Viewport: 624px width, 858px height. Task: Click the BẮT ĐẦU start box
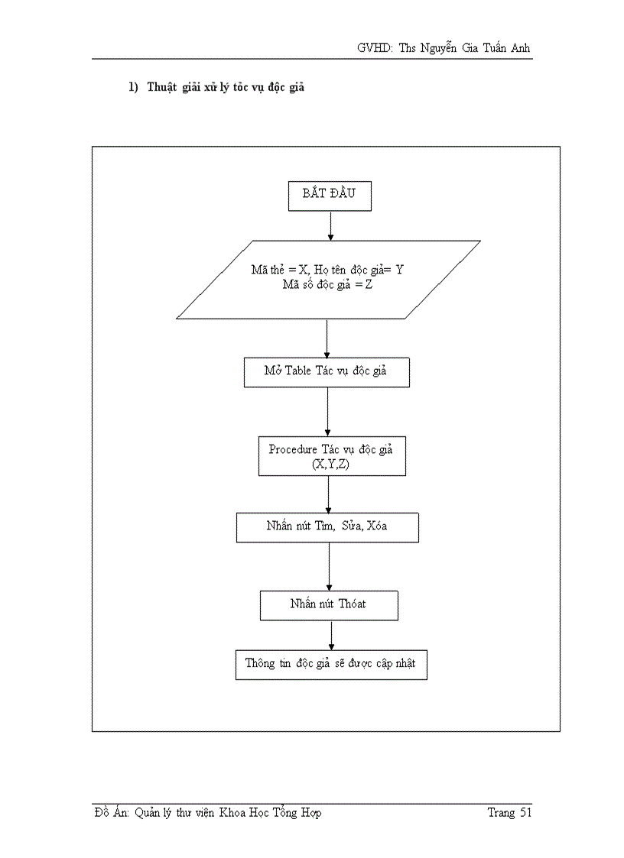[x=330, y=196]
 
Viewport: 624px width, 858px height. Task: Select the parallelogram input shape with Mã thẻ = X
[x=328, y=279]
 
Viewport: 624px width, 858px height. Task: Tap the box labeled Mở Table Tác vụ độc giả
[x=327, y=372]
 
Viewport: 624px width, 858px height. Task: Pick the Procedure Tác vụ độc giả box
[x=331, y=456]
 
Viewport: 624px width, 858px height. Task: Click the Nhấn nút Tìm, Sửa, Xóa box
[x=327, y=527]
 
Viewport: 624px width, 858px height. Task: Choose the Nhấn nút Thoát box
[x=329, y=604]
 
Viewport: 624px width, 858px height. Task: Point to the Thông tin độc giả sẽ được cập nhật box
[x=330, y=664]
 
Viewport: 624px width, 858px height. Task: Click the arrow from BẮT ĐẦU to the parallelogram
[x=330, y=225]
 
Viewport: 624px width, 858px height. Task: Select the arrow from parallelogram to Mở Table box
[x=327, y=338]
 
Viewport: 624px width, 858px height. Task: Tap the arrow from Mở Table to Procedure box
[x=327, y=412]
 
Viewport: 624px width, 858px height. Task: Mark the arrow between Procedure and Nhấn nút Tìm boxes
[x=329, y=494]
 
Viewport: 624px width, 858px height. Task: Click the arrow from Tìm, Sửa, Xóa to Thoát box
[x=329, y=566]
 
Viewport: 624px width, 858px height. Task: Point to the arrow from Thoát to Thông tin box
[x=331, y=635]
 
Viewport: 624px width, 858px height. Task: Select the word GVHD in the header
[x=374, y=48]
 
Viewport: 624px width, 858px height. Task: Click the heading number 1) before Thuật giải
[x=133, y=88]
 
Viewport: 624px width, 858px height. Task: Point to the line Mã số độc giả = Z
[x=327, y=286]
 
